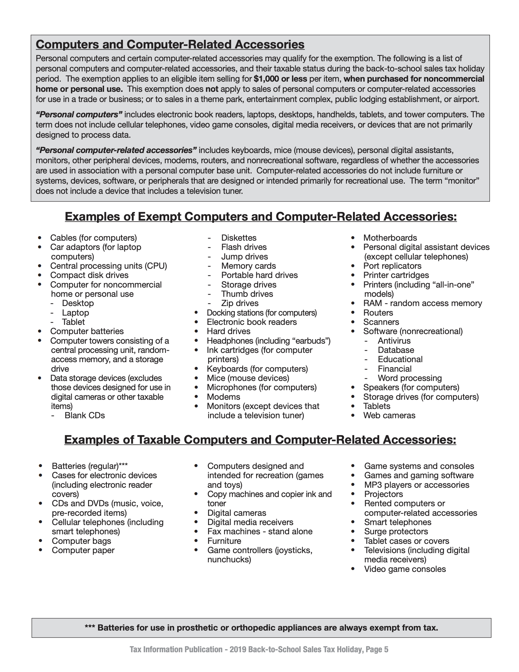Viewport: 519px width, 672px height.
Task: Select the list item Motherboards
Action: [390, 238]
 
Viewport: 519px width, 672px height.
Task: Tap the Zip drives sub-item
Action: [240, 303]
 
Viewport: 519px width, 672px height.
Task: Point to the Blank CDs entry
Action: [85, 415]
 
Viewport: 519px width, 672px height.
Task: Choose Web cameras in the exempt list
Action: [389, 415]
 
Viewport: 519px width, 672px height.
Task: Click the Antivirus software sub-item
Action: [394, 341]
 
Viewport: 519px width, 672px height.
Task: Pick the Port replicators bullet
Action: [392, 266]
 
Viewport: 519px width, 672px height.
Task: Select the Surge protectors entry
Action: [396, 531]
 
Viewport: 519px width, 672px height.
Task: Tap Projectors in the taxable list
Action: [383, 494]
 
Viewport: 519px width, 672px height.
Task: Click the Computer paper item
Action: [83, 550]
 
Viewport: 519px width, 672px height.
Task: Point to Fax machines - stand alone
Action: [259, 531]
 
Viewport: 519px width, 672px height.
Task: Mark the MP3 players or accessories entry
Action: [417, 485]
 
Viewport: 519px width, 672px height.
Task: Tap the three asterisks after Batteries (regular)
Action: [123, 466]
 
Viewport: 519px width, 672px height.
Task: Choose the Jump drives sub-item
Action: [244, 257]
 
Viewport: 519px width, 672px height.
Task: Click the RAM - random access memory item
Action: [422, 303]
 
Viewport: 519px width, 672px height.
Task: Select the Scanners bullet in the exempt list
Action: [381, 322]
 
